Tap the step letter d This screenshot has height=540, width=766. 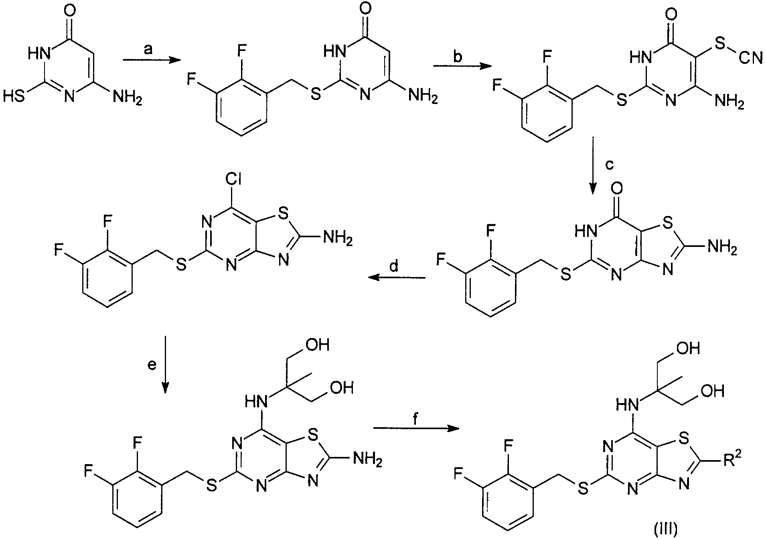click(x=394, y=267)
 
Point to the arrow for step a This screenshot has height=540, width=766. click(x=150, y=60)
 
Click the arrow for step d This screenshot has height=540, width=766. click(x=397, y=278)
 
